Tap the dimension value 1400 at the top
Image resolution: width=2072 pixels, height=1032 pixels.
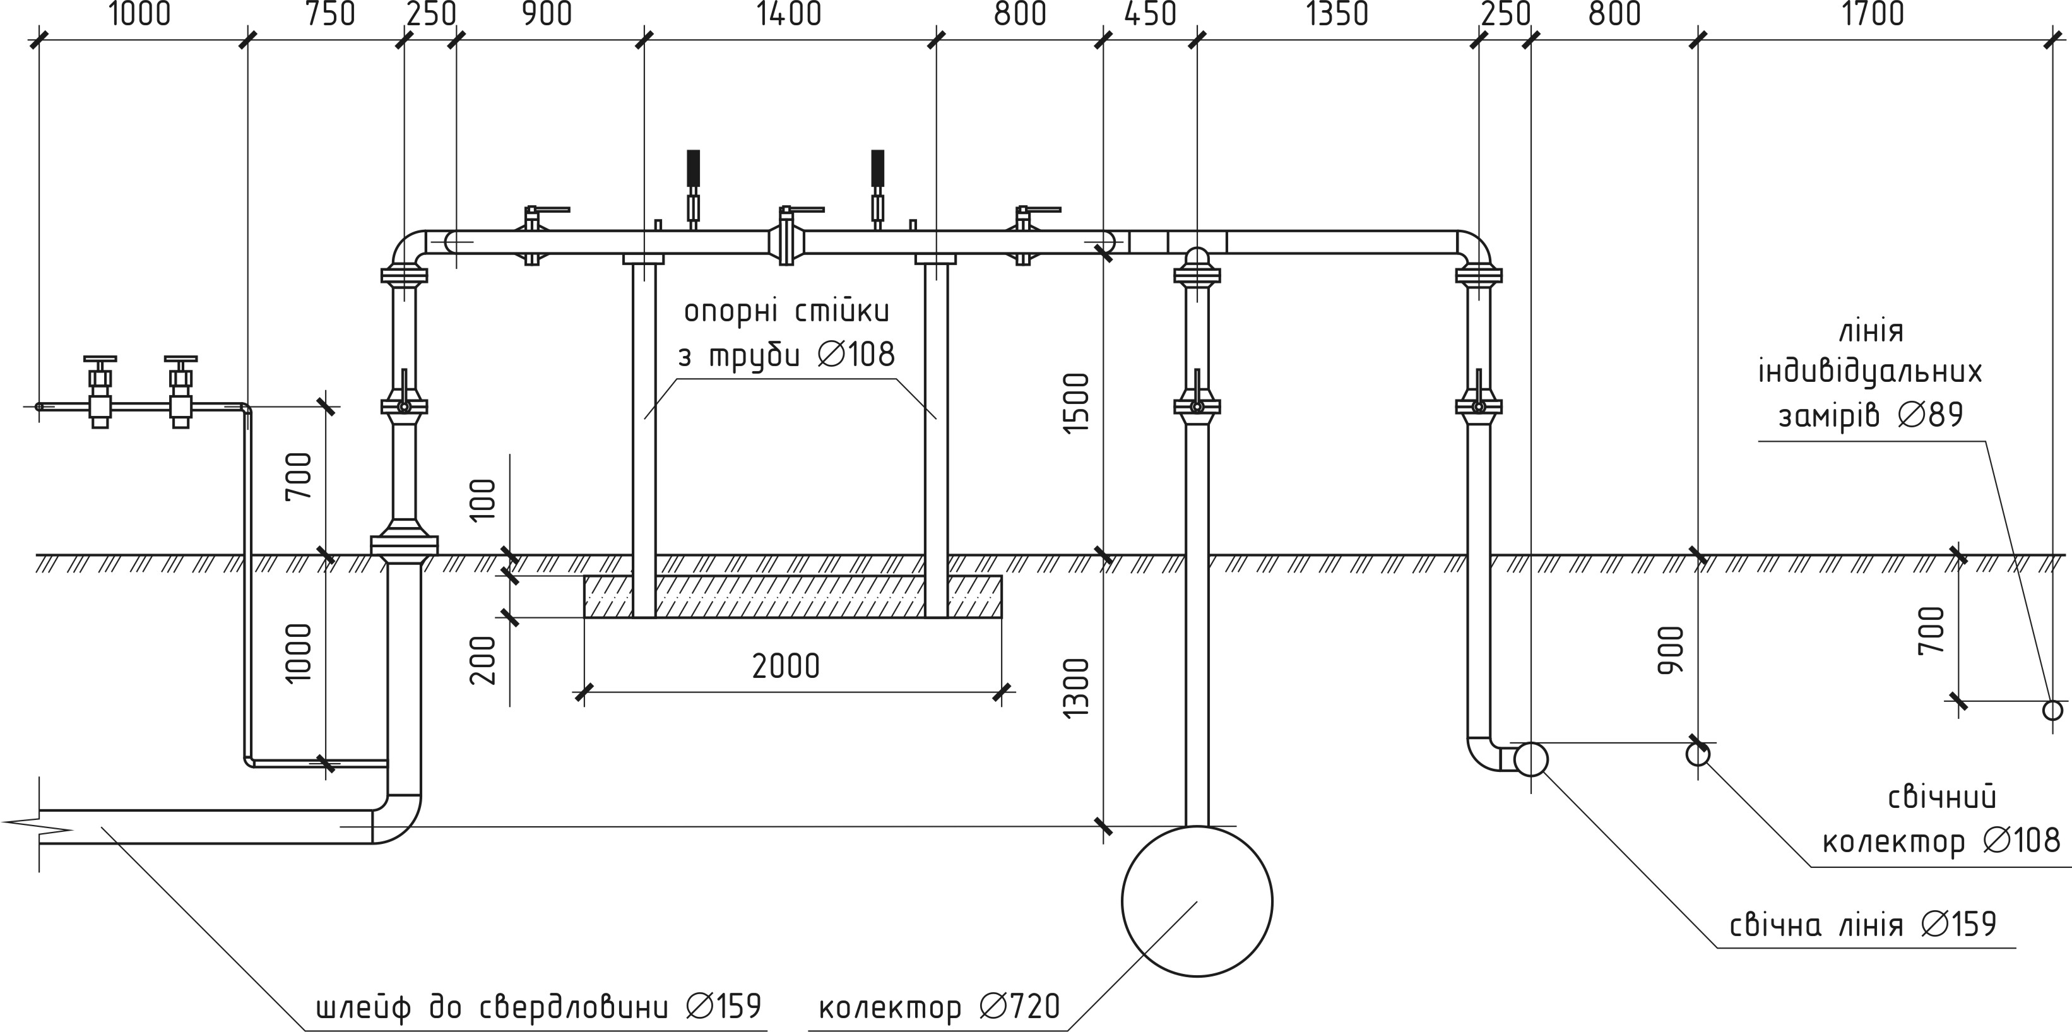(789, 15)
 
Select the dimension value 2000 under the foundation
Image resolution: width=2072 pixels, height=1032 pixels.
(786, 666)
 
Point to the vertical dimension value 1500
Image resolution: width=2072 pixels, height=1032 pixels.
(1075, 403)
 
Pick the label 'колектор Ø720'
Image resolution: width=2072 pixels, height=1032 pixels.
(938, 1006)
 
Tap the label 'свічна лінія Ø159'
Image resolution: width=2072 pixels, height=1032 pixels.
(1863, 924)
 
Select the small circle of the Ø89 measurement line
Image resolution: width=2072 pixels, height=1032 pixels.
(2052, 710)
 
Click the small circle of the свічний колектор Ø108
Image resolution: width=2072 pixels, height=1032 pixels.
(1698, 754)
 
